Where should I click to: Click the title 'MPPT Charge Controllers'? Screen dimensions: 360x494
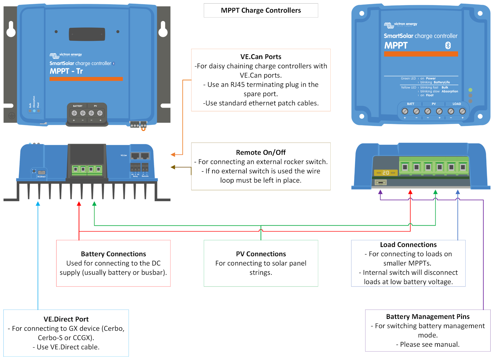(x=261, y=10)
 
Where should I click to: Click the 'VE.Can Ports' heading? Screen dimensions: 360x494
(x=261, y=57)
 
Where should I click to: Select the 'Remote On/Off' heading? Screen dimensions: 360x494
(x=261, y=153)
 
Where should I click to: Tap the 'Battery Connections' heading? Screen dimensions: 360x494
(x=113, y=254)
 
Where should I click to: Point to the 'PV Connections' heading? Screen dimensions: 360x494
(x=261, y=254)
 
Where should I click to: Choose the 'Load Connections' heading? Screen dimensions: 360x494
(x=408, y=245)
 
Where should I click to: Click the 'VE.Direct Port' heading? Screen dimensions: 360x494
(x=66, y=319)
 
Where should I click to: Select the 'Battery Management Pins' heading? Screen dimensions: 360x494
(x=428, y=317)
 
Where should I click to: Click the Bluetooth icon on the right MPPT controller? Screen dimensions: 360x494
(x=448, y=46)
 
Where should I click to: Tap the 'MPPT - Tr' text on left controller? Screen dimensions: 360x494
(x=66, y=71)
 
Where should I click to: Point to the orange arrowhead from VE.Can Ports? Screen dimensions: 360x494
(x=173, y=155)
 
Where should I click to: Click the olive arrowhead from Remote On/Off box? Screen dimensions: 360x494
(x=173, y=167)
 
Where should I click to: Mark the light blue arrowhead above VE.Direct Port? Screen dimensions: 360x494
(x=38, y=204)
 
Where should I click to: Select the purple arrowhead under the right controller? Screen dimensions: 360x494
(x=380, y=192)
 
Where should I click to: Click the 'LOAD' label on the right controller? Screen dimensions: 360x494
(x=457, y=104)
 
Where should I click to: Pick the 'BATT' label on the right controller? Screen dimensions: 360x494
(x=411, y=104)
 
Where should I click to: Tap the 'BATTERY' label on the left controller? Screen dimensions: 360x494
(x=78, y=106)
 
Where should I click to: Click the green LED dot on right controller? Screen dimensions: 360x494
(x=470, y=90)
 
